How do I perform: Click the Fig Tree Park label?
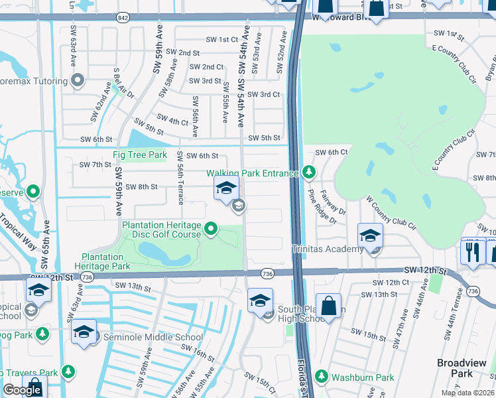[x=139, y=155]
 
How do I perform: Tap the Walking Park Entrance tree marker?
[x=308, y=172]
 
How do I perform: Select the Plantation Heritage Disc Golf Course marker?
[x=212, y=230]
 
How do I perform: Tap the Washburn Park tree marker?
[x=322, y=376]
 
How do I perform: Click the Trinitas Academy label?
[x=328, y=249]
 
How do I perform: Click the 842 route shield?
[x=122, y=17]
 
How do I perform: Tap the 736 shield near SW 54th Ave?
[x=267, y=273]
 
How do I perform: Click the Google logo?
[x=22, y=390]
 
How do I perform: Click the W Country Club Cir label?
[x=391, y=212]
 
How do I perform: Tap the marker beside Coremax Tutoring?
[x=78, y=82]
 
